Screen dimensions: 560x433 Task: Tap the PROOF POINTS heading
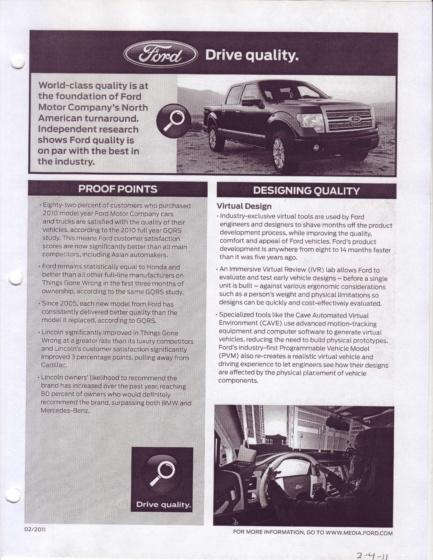(x=118, y=189)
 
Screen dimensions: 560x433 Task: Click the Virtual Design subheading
(x=244, y=206)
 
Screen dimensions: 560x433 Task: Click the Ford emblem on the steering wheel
(x=298, y=487)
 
